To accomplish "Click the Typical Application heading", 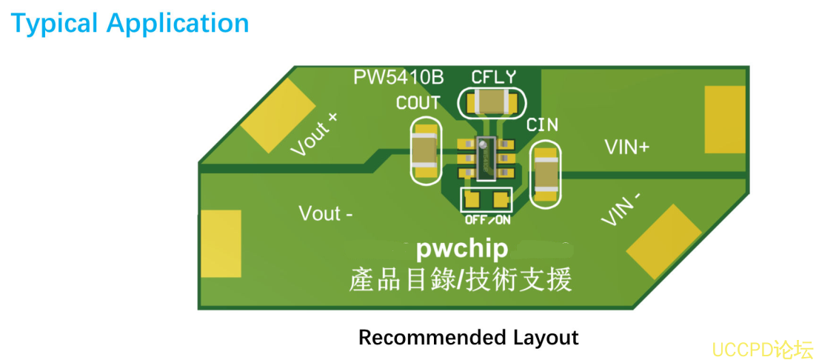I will click(130, 24).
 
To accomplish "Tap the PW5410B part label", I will click(398, 78).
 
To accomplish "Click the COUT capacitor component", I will click(425, 152).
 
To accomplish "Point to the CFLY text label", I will click(493, 77).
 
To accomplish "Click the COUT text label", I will click(418, 103).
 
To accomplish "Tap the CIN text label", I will click(542, 125).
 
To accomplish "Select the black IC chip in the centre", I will click(486, 159).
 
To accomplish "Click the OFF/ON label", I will click(487, 220).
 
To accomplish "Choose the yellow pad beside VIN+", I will click(724, 119).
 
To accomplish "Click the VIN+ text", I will click(626, 147).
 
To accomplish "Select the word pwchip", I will click(461, 249).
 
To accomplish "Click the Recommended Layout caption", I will click(468, 338).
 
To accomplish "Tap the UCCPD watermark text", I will click(760, 349).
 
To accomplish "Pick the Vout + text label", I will click(313, 135).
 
